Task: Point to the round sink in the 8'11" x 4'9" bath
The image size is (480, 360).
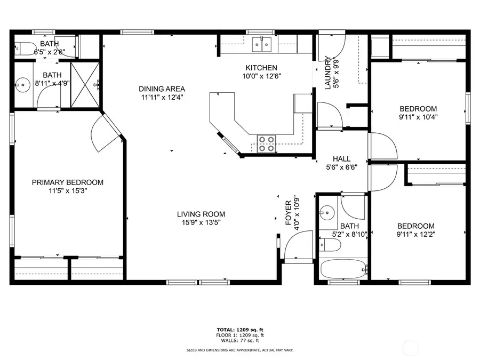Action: (x=22, y=84)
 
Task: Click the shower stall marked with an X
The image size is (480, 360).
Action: (x=85, y=85)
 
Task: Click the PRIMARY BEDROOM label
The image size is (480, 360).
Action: (x=68, y=182)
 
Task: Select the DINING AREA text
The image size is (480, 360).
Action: (x=162, y=89)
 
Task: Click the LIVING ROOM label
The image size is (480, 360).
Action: (x=201, y=214)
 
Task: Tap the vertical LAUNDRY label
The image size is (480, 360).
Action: (x=328, y=74)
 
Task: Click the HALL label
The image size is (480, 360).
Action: (x=341, y=159)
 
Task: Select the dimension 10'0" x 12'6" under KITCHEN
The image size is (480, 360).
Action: (x=261, y=76)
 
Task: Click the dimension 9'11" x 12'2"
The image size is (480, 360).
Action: (x=415, y=234)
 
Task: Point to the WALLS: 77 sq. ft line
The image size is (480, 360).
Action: (x=239, y=340)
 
